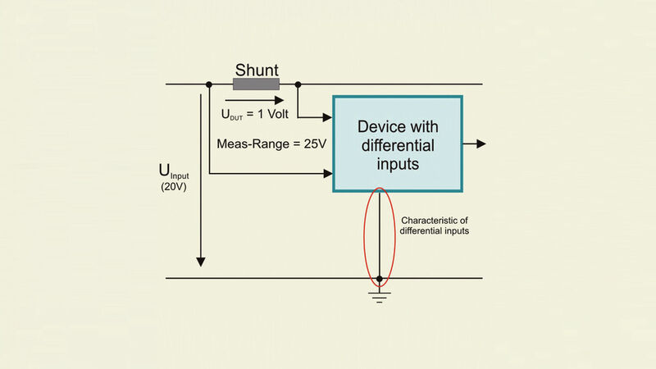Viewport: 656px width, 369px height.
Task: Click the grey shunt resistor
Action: tap(256, 84)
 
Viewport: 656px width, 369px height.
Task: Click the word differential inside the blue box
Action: tap(397, 145)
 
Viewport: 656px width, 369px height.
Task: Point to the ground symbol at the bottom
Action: tap(379, 294)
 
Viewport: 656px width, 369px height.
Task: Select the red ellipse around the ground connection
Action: tap(365, 238)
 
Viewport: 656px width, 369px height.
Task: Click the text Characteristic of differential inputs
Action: tap(435, 225)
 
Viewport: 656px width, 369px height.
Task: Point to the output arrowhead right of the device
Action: tap(481, 144)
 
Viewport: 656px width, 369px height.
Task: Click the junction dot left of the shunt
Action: tap(210, 84)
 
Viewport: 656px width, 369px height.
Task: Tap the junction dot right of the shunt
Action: tap(298, 84)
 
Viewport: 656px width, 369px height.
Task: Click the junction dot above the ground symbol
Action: tap(379, 278)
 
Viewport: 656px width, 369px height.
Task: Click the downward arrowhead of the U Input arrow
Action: tap(200, 262)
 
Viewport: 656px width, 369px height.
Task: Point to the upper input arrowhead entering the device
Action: tap(327, 116)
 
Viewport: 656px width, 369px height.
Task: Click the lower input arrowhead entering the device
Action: tap(327, 173)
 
